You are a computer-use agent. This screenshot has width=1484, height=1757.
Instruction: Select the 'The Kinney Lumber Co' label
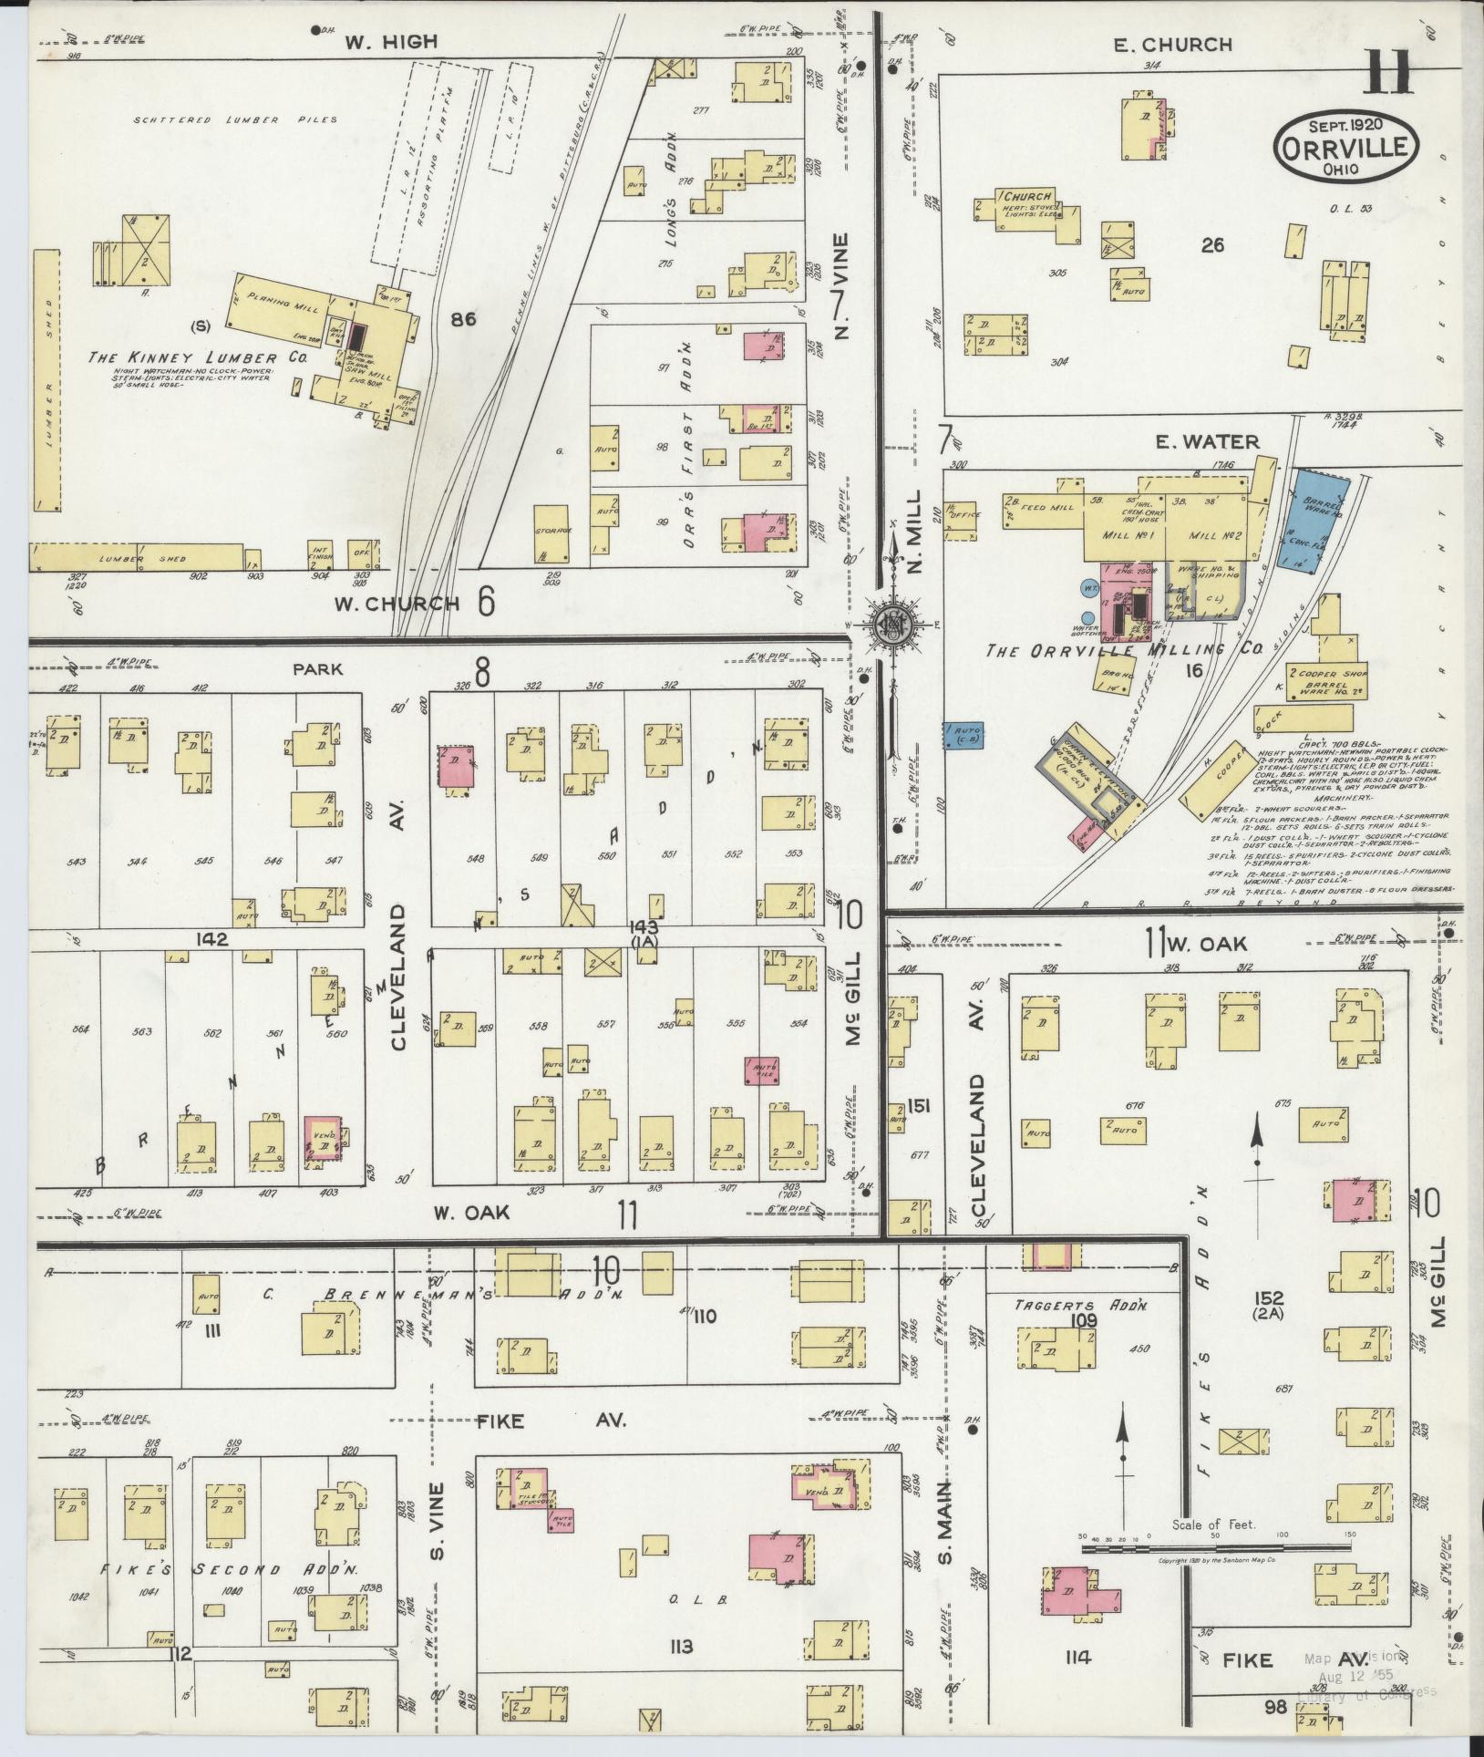[196, 358]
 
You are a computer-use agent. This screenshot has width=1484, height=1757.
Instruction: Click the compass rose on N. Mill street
[888, 625]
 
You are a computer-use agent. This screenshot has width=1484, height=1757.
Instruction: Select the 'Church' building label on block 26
[1029, 196]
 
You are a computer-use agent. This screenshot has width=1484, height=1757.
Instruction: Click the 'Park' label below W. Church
[317, 669]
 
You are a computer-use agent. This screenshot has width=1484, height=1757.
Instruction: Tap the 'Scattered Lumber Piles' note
[235, 119]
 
